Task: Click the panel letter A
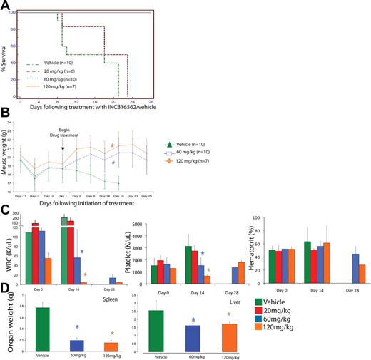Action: click(7, 6)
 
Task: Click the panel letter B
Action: click(6, 117)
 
